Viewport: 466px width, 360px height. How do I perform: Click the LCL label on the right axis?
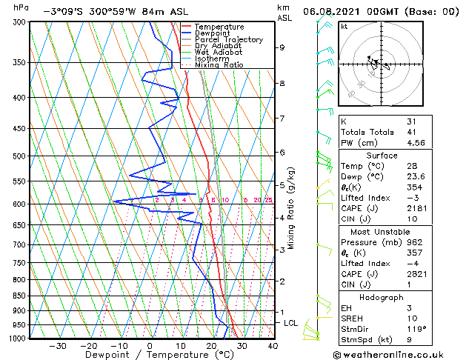click(291, 323)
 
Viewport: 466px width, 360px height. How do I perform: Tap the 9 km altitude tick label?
click(282, 47)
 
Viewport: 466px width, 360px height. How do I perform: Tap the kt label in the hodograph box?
click(344, 26)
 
